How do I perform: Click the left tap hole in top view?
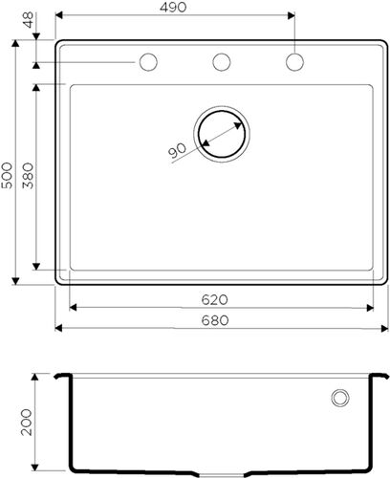point(149,62)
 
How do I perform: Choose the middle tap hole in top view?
point(222,62)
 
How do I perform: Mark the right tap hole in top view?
point(294,62)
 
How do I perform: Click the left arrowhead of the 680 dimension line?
point(59,330)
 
